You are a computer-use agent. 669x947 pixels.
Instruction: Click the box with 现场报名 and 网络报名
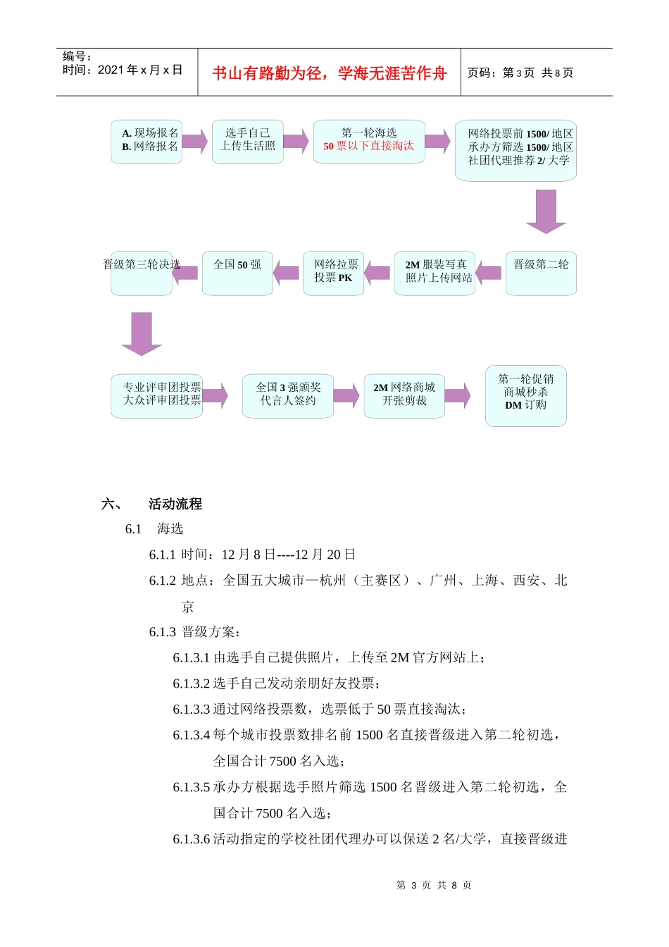pos(146,142)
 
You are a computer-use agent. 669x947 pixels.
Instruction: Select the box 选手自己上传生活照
pos(247,142)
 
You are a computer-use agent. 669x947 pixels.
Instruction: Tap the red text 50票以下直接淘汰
pos(369,147)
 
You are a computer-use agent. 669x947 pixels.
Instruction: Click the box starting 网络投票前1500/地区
pos(515,150)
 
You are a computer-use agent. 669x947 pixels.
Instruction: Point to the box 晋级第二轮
pos(541,273)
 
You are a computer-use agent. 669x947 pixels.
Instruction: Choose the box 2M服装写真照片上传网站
pos(435,273)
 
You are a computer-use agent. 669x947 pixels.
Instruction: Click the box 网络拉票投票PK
pos(334,273)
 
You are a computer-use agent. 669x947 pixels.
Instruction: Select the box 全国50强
pos(237,273)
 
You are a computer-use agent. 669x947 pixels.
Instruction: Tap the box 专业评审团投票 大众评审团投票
pos(157,395)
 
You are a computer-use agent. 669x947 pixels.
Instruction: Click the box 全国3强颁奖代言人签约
pos(288,395)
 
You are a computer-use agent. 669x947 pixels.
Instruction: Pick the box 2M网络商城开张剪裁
pos(404,395)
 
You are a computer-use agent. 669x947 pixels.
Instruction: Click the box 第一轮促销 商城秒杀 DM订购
pos(526,395)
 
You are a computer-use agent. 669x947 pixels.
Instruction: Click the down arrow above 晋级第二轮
pos(546,211)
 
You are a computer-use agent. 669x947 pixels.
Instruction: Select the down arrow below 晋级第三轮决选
pos(142,333)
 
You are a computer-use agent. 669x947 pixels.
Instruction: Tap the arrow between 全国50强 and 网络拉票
pos(287,273)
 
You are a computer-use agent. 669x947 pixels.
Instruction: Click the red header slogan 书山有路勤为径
pos(329,73)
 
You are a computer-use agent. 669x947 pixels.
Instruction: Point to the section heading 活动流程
pos(175,504)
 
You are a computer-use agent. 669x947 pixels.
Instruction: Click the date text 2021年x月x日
pos(140,70)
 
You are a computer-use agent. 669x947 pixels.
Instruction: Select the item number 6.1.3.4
pos(192,735)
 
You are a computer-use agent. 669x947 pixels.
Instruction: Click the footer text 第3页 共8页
pos(434,885)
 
